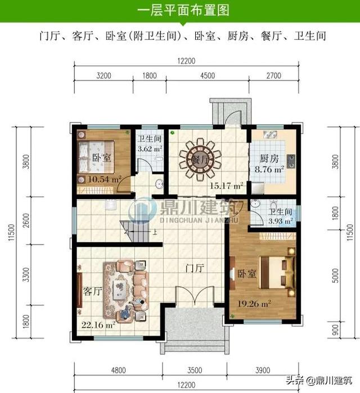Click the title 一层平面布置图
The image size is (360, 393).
[179, 11]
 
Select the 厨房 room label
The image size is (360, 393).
[267, 159]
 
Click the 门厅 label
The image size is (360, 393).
[194, 269]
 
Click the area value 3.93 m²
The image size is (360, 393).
[280, 221]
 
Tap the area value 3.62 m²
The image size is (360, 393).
[150, 149]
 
